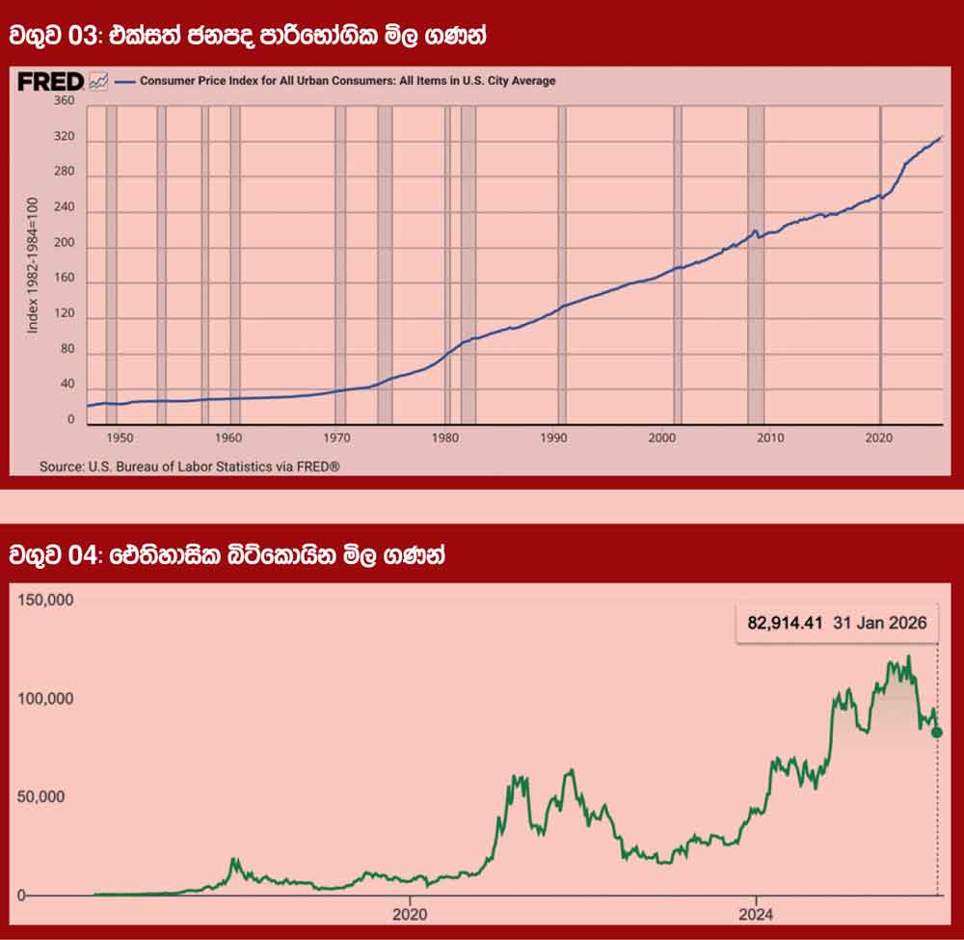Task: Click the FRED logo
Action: tap(50, 81)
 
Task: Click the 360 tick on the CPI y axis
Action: tap(65, 100)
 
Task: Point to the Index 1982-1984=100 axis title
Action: tap(32, 263)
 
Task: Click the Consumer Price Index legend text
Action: tap(347, 81)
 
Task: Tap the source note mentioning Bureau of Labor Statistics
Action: tap(190, 467)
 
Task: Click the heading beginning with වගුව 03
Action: tap(245, 36)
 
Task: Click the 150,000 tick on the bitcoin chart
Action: tap(45, 601)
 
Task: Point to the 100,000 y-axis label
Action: tap(45, 698)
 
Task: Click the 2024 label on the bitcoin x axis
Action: tap(758, 913)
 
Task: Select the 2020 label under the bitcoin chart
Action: tap(410, 913)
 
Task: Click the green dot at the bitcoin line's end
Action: tap(936, 733)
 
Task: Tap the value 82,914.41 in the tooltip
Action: tap(785, 623)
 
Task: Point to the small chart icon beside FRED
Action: tap(97, 81)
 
